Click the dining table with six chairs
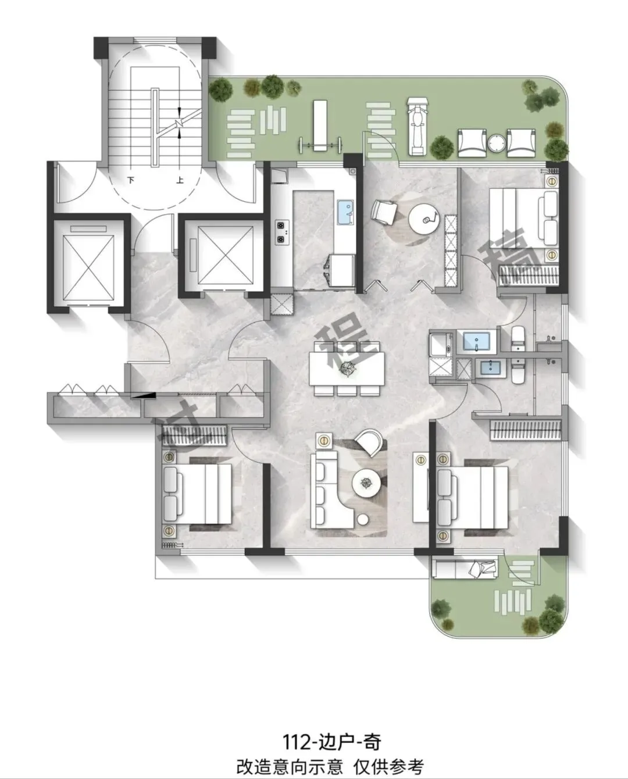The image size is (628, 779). [x=347, y=369]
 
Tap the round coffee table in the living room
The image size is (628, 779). [x=366, y=482]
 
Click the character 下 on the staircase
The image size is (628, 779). [x=131, y=180]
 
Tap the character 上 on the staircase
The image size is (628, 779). [x=180, y=180]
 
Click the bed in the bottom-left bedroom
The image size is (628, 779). [x=197, y=494]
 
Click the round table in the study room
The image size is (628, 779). [x=424, y=220]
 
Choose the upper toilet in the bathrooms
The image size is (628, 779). [x=518, y=334]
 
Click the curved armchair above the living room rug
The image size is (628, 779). [x=369, y=442]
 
